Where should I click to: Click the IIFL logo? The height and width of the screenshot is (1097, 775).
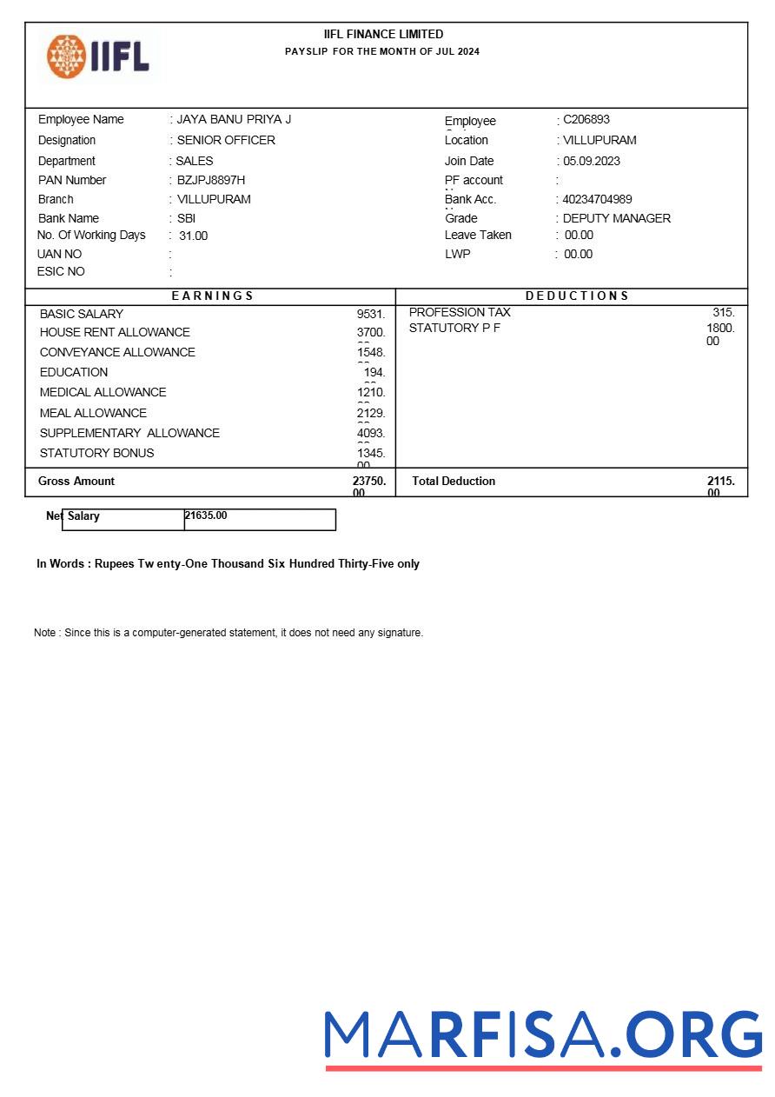pos(98,56)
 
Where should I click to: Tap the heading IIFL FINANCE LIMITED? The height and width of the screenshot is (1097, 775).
pos(383,34)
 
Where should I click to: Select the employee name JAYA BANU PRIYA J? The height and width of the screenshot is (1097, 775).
pos(234,119)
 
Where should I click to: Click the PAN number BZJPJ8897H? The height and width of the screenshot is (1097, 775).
pos(211,180)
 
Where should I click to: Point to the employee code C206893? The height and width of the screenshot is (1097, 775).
pos(586,119)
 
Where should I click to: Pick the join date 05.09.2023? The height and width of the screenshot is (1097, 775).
pos(592,161)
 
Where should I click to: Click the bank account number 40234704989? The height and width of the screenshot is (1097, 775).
pos(598,199)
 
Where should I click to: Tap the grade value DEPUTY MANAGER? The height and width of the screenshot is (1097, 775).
pos(617,218)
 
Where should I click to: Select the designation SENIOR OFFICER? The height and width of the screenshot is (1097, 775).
pos(226,140)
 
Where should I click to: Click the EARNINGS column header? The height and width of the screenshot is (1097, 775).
pos(212,296)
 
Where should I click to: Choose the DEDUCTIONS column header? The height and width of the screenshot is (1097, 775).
pos(577,296)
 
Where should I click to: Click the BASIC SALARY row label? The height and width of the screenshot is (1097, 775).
pos(82,314)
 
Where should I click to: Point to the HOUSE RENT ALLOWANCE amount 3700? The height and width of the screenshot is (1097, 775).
pos(371,332)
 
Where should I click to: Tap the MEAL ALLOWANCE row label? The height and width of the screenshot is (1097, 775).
pos(93,413)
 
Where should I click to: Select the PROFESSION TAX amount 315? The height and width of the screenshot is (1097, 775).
pos(723,312)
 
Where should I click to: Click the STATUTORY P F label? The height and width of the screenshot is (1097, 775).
pos(454,328)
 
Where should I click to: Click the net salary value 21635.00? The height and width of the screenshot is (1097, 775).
pos(206,515)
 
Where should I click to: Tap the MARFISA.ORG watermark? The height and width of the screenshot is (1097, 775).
pos(543,1037)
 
